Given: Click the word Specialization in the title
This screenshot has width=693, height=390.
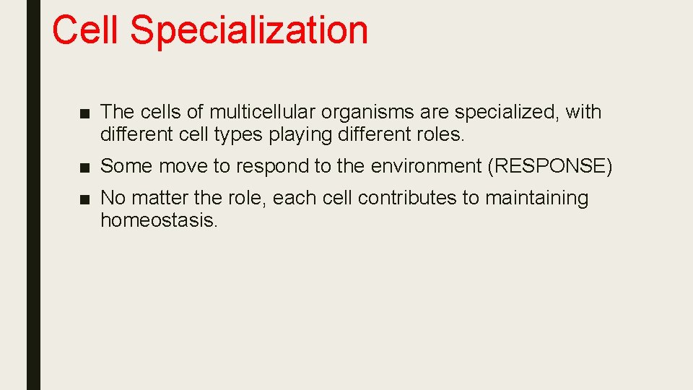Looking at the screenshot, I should pyautogui.click(x=249, y=30).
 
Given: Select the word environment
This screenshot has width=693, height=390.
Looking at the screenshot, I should pyautogui.click(x=426, y=166).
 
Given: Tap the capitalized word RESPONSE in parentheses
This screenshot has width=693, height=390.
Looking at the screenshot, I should pyautogui.click(x=550, y=166).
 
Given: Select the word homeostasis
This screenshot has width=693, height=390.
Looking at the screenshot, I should pyautogui.click(x=158, y=220).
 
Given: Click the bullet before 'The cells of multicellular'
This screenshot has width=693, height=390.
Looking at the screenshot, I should pyautogui.click(x=85, y=113).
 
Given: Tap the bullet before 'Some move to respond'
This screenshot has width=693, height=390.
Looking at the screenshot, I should pyautogui.click(x=85, y=167).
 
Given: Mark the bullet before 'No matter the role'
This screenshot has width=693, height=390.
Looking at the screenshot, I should pyautogui.click(x=85, y=199).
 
